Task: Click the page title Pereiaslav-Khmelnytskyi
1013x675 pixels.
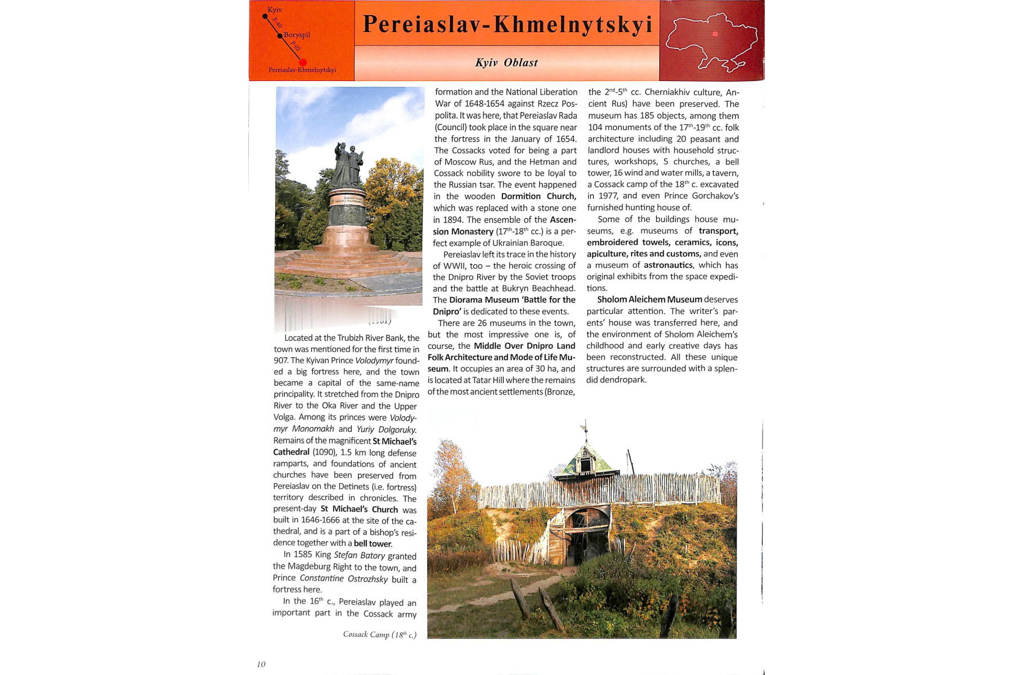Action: (x=507, y=24)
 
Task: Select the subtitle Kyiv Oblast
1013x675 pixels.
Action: (x=506, y=62)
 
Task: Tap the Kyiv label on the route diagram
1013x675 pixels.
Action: (x=275, y=10)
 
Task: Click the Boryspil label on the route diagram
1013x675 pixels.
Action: (x=297, y=35)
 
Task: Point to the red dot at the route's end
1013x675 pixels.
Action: (x=303, y=62)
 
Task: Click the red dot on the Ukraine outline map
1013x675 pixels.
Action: (x=715, y=34)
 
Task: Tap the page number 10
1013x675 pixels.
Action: (x=261, y=664)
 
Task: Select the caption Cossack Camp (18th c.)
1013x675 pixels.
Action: (x=380, y=634)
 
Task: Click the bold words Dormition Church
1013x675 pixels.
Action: (x=538, y=196)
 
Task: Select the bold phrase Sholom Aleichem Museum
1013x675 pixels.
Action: (x=649, y=300)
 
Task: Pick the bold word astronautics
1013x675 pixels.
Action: (x=668, y=265)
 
